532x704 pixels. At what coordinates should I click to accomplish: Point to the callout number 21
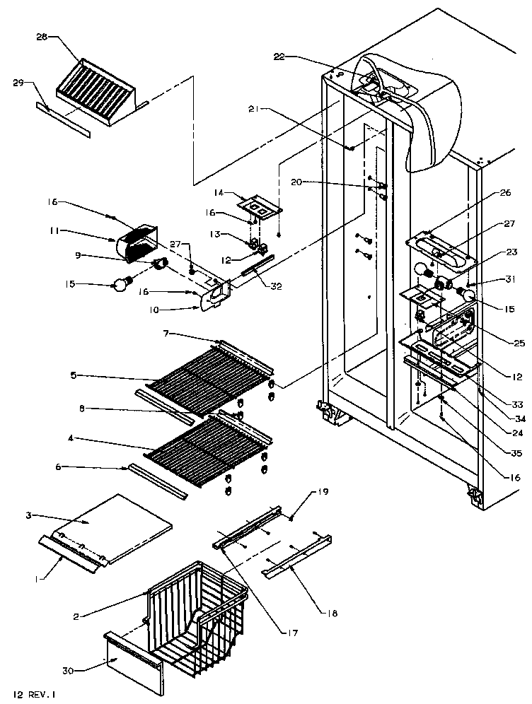click(x=255, y=108)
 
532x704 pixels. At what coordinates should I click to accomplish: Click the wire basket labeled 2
click(x=191, y=608)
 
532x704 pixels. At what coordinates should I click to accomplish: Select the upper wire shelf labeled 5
click(x=205, y=378)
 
